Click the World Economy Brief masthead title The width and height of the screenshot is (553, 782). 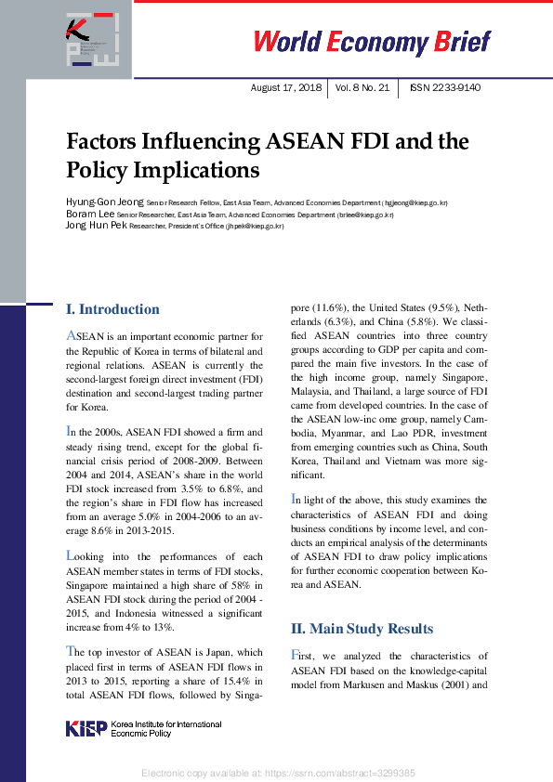[372, 42]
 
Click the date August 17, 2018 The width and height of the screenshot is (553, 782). [286, 88]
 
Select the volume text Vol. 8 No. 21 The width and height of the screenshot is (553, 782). [362, 88]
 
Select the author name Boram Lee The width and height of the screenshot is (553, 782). [89, 215]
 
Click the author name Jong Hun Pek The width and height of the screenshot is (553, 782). [96, 226]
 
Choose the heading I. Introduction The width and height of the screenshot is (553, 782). [112, 309]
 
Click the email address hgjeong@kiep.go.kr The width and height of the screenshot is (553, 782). [415, 202]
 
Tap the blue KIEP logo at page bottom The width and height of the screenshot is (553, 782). [86, 728]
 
